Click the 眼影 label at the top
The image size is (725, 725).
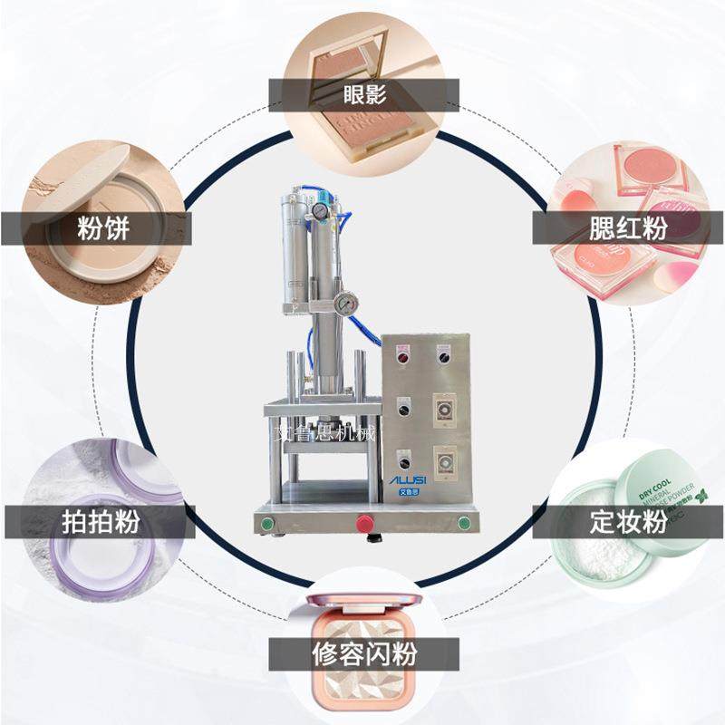pos(362,93)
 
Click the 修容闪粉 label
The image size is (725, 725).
pos(362,653)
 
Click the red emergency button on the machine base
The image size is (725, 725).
pos(365,523)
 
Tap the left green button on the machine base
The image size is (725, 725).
pos(266,523)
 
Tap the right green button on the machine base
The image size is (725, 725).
pos(465,522)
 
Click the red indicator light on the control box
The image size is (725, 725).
pos(402,357)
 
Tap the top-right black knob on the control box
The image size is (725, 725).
pos(445,357)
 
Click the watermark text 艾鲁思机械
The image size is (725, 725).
pos(325,433)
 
